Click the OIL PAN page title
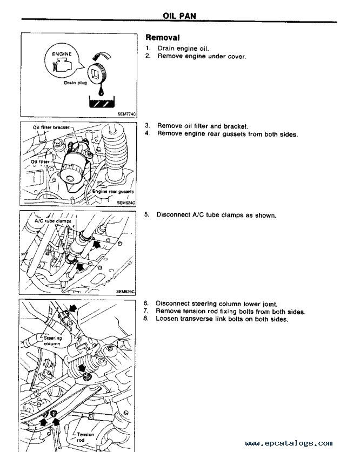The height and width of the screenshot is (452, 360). click(179, 16)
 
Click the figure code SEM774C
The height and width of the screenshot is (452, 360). click(126, 114)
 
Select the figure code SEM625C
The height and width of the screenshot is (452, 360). click(125, 291)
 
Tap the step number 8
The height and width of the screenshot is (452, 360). click(146, 319)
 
